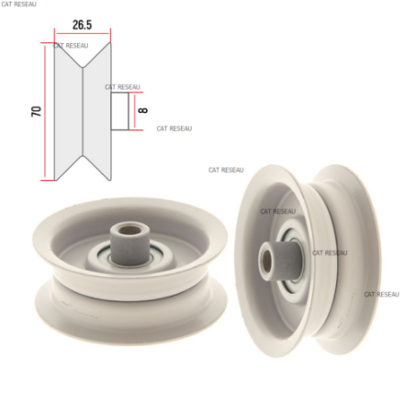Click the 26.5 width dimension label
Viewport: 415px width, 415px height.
click(x=82, y=25)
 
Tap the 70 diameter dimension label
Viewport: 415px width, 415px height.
click(x=36, y=111)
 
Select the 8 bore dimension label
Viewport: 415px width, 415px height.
click(x=143, y=110)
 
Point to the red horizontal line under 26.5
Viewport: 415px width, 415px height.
click(x=83, y=33)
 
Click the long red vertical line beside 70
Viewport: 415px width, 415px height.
click(x=45, y=111)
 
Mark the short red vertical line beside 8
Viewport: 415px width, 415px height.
click(x=134, y=111)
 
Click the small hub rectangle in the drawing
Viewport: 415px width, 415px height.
click(x=119, y=111)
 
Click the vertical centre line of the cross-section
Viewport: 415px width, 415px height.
click(x=83, y=111)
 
